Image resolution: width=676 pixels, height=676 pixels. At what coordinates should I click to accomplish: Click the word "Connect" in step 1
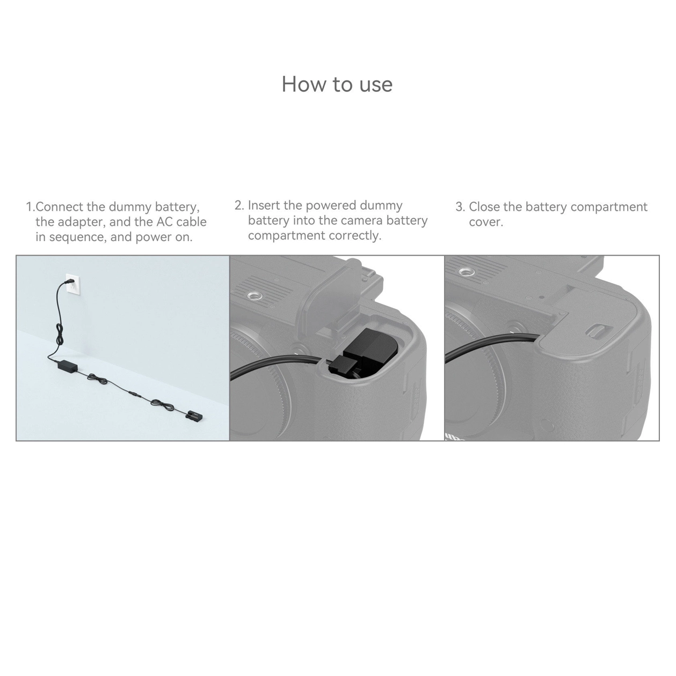[x=60, y=207]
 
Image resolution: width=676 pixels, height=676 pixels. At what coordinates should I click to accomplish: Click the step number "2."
[x=239, y=206]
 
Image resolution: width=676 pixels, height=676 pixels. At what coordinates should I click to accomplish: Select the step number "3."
[x=460, y=207]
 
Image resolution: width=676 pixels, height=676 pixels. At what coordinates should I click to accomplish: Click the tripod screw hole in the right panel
[x=467, y=272]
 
